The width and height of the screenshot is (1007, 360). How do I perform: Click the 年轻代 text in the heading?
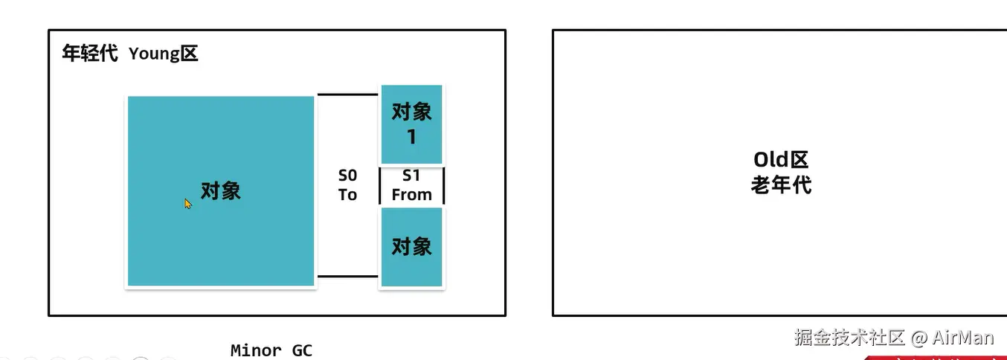coord(89,54)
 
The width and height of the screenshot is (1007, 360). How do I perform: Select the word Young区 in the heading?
coord(163,54)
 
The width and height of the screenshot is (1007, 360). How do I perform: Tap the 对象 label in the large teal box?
coord(221,191)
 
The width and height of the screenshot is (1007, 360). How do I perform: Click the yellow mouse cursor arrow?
coord(188,203)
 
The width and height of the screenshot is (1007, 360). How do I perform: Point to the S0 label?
coord(348,176)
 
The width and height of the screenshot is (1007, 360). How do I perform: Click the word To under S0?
coord(348,195)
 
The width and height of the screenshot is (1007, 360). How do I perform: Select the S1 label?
coord(411,176)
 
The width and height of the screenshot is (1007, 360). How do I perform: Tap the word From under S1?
coord(411,195)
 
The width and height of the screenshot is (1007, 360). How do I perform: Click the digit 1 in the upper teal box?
coord(411,138)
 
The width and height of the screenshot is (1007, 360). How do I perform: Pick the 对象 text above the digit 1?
coord(411,112)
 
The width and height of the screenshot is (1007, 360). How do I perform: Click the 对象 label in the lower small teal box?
coord(411,246)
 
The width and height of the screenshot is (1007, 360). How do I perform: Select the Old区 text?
coord(780,160)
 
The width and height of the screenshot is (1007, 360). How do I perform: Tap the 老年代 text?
coord(780,184)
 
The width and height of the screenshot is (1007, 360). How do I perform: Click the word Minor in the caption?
coord(256,350)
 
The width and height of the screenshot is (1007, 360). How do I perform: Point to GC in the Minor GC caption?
coord(301,350)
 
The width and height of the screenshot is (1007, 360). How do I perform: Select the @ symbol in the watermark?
coord(919,338)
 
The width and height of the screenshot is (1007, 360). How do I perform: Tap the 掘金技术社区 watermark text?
coord(849,337)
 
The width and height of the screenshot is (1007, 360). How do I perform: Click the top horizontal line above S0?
coord(347,94)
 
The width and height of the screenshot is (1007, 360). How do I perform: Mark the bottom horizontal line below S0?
coord(347,276)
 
